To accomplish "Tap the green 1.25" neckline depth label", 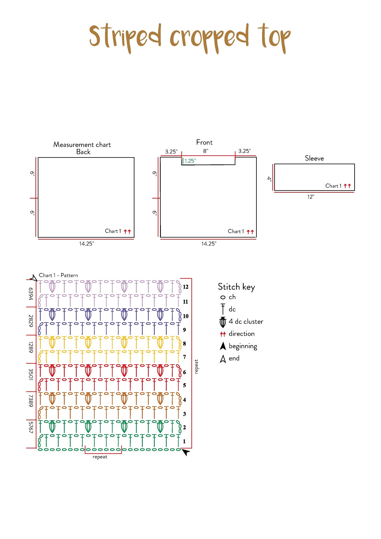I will tap(190, 161).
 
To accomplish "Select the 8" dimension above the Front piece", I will tap(206, 151).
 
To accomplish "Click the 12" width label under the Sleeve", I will tap(311, 197).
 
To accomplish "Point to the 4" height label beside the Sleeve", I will tap(269, 179).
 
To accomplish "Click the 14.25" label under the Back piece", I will tap(86, 244).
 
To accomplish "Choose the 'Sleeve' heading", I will tap(314, 158).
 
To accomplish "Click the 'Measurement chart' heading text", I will tap(82, 145).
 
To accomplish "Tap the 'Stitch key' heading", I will tap(236, 287).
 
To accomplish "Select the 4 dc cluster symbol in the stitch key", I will tap(223, 322).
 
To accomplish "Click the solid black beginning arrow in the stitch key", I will tap(223, 346).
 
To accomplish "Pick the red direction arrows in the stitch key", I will tap(223, 334).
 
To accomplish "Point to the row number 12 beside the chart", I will tap(186, 287).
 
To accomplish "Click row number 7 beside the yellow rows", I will tap(184, 357).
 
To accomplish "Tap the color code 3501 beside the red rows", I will tap(31, 374).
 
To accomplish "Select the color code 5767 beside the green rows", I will tap(31, 427).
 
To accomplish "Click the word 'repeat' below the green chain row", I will tap(100, 457).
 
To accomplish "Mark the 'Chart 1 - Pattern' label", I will tap(58, 275).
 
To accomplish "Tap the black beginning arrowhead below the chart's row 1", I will tap(186, 452).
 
